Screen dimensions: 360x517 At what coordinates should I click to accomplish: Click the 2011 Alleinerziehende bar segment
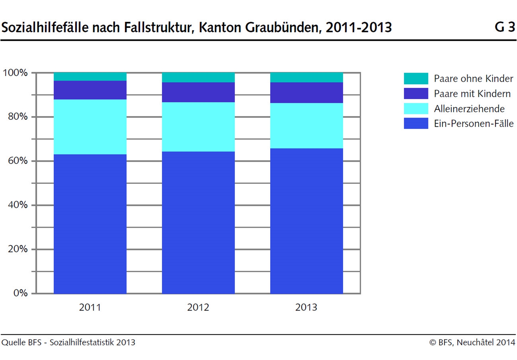(x=90, y=127)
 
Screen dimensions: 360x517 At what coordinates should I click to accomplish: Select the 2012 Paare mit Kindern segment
(x=198, y=92)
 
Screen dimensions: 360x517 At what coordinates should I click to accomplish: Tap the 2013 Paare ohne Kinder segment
(x=306, y=77)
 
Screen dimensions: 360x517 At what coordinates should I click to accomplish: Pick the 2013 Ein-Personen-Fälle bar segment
(x=306, y=221)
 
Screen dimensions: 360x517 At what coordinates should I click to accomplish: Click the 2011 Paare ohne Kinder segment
(x=90, y=77)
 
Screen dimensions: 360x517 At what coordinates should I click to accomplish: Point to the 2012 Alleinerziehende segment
(x=198, y=127)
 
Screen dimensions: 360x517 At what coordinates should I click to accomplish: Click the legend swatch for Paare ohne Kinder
(x=416, y=78)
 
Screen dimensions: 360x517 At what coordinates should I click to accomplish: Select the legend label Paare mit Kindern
(x=472, y=94)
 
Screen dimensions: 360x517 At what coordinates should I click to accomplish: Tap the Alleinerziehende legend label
(x=469, y=109)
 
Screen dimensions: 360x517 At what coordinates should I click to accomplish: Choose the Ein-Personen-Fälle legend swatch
(x=416, y=123)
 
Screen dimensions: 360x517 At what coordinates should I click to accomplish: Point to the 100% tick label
(x=15, y=73)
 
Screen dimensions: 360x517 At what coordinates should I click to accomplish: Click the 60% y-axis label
(x=18, y=161)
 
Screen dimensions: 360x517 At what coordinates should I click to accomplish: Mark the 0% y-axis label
(x=20, y=293)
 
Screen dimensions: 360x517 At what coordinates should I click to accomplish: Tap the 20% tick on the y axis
(x=18, y=249)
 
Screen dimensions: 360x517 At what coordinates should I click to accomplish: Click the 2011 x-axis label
(x=90, y=307)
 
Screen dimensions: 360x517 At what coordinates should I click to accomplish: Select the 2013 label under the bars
(x=306, y=307)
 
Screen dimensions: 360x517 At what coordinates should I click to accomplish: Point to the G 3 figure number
(x=504, y=27)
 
